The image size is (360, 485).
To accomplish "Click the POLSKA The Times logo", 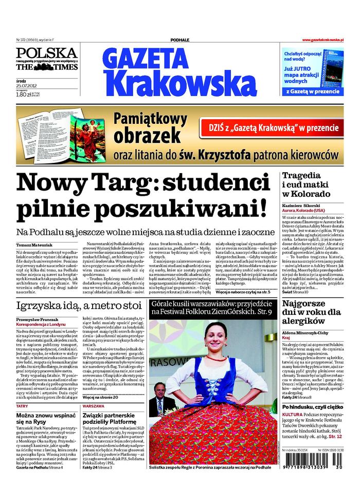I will coord(46,60).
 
